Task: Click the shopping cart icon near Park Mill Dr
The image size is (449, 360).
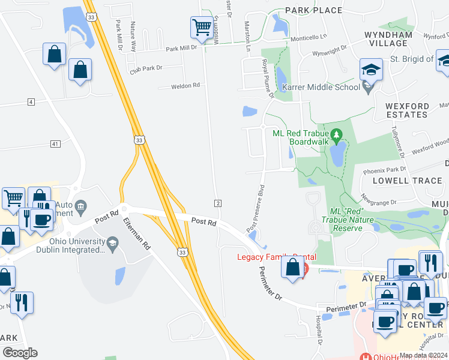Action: pyautogui.click(x=201, y=27)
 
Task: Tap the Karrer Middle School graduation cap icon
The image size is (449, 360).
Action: pyautogui.click(x=371, y=69)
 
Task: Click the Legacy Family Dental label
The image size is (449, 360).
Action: pyautogui.click(x=276, y=257)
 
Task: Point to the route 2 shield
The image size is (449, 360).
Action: pyautogui.click(x=218, y=203)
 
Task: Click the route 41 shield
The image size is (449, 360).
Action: pyautogui.click(x=55, y=144)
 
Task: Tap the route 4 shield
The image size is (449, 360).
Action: pyautogui.click(x=31, y=102)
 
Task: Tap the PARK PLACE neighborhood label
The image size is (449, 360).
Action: pyautogui.click(x=313, y=10)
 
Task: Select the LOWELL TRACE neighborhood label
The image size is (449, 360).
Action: pyautogui.click(x=407, y=180)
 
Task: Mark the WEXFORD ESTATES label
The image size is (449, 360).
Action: pyautogui.click(x=407, y=110)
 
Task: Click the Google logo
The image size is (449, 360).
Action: pyautogui.click(x=20, y=353)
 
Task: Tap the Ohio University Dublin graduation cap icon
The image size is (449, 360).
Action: pyautogui.click(x=112, y=242)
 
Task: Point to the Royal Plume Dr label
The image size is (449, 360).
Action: pyautogui.click(x=267, y=78)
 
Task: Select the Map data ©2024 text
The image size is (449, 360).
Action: pyautogui.click(x=423, y=355)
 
